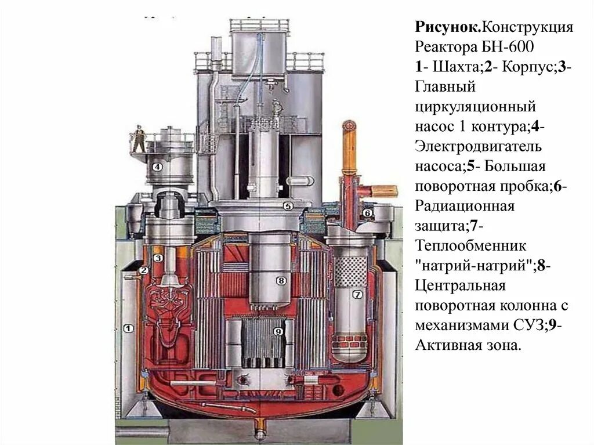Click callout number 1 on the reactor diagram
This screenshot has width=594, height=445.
click(x=129, y=329)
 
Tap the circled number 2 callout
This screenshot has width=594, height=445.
click(x=144, y=270)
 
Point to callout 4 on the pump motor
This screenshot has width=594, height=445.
click(x=157, y=167)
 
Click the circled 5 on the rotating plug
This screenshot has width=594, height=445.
click(x=288, y=205)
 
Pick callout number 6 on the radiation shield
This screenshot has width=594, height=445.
click(x=368, y=213)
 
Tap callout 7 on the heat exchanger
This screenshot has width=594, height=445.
click(x=357, y=294)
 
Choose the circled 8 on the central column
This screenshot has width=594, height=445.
click(x=281, y=281)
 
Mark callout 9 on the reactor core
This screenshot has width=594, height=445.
click(x=278, y=331)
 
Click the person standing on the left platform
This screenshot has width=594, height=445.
click(x=139, y=138)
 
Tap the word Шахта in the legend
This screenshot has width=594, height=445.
click(x=453, y=67)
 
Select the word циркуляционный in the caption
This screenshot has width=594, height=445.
click(x=475, y=107)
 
